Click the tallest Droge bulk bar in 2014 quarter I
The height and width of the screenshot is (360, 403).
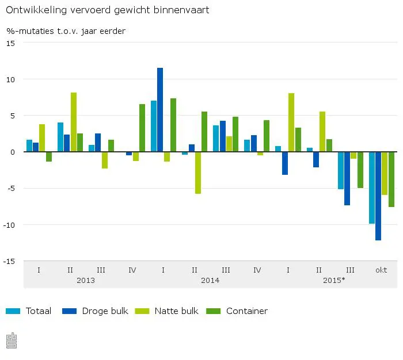coord(160,110)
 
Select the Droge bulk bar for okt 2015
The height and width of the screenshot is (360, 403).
coord(378,196)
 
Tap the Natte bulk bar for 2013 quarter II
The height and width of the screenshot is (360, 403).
coord(74,122)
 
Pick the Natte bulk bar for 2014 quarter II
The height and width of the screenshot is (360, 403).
coord(198,173)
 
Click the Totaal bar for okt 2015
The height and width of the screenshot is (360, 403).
coord(372,187)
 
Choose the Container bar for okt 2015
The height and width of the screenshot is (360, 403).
coord(391,179)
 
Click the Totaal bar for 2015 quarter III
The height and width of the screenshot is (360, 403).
coord(341,170)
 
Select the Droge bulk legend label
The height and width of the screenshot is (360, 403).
coord(105,311)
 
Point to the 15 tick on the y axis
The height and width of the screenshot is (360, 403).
coord(12,43)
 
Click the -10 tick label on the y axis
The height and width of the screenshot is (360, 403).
coord(10,224)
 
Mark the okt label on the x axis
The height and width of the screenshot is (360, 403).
coord(381,270)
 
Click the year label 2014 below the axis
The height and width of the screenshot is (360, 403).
coord(210,281)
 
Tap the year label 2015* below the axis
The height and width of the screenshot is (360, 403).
coord(334,281)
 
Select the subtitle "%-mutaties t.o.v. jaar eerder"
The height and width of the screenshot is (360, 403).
coord(66,31)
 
